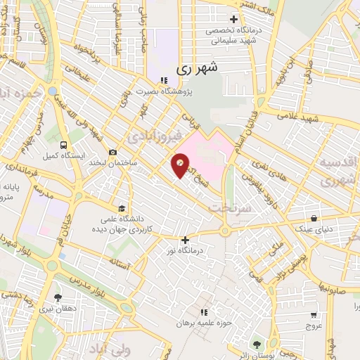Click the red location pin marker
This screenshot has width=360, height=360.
181,165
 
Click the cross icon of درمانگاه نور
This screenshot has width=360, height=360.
185,240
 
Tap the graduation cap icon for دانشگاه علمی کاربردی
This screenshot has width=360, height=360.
122,209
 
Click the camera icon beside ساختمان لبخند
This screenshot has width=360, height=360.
112,152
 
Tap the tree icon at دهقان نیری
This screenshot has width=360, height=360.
58,297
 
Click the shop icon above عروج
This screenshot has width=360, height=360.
311,316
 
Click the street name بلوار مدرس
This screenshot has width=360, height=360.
105,271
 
